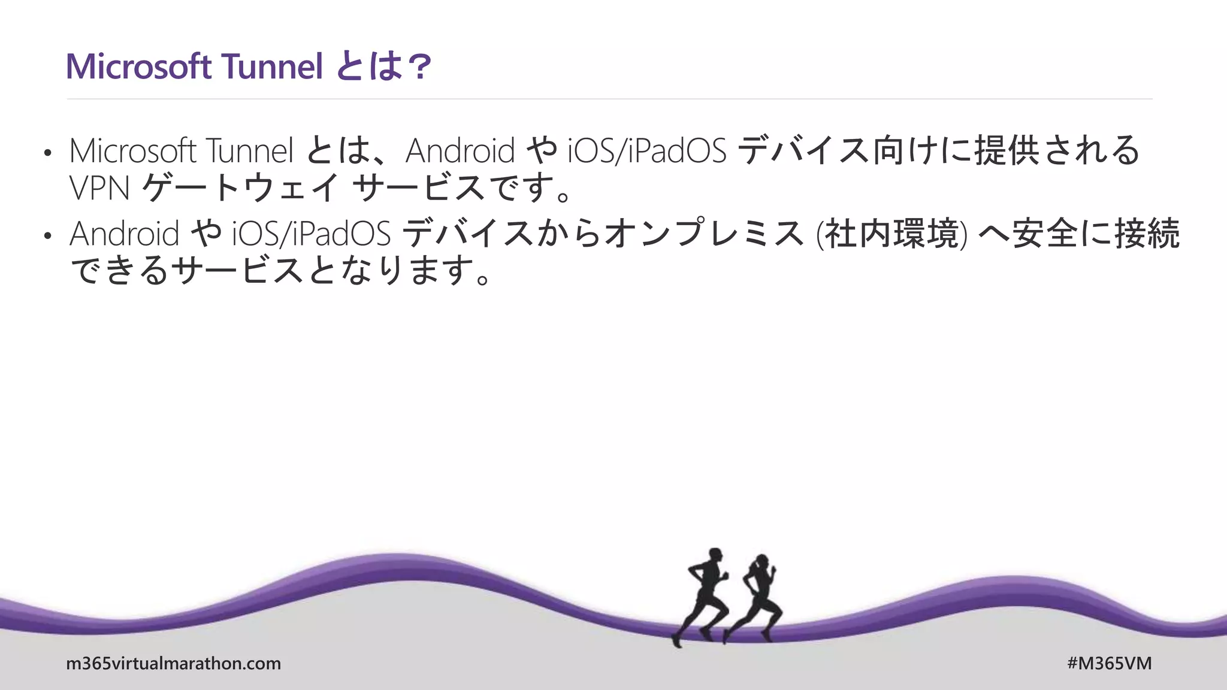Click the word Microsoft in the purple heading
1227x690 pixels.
[138, 66]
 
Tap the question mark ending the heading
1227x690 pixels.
[418, 66]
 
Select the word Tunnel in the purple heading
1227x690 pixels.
[272, 66]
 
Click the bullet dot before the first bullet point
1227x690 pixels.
[48, 153]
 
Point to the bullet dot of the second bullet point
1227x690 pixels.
[48, 236]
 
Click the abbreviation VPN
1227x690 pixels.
[99, 188]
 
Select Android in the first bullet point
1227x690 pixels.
[460, 150]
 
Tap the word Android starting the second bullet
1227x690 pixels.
[124, 234]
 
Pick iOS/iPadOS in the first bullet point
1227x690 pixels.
[647, 150]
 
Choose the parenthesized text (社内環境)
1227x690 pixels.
[891, 234]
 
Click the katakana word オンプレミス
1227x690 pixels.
[705, 234]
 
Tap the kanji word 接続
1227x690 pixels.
[1147, 234]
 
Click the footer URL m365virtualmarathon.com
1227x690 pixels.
[173, 664]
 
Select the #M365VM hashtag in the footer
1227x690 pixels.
[1109, 664]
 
